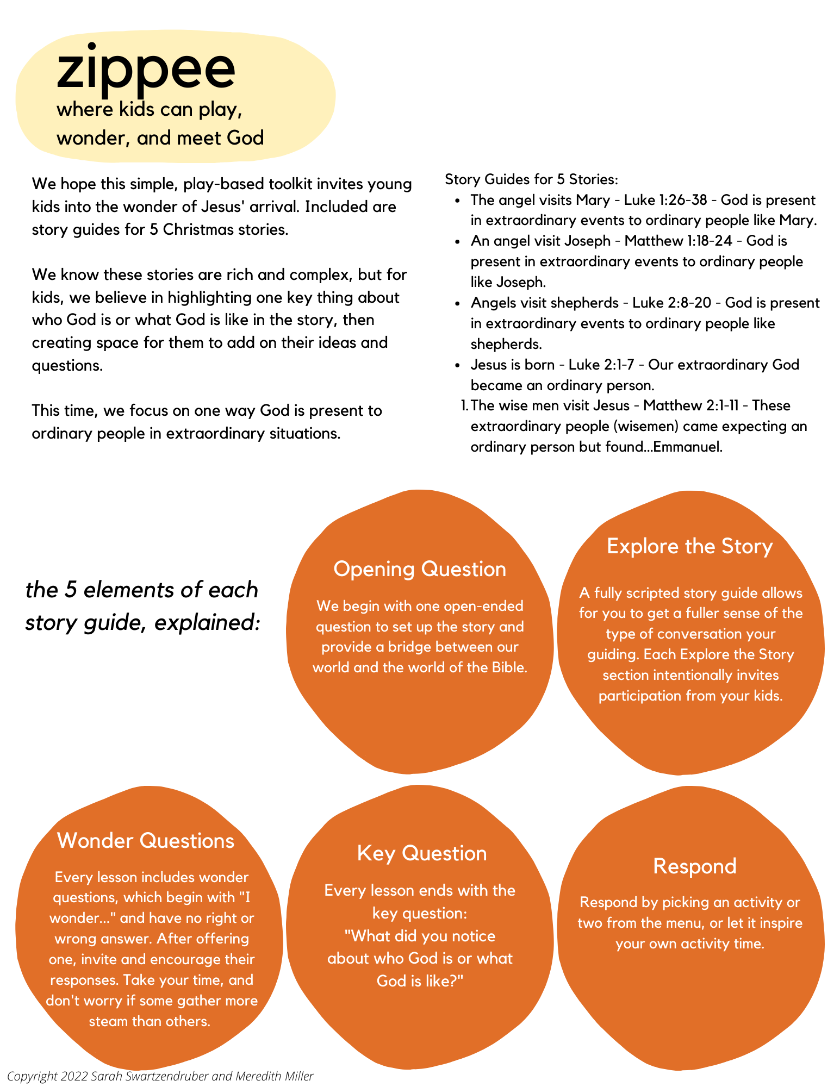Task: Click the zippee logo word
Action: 146,69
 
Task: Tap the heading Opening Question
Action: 420,569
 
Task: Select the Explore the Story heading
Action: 689,546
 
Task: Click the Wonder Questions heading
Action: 146,840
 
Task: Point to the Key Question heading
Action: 422,853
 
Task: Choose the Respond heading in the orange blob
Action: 694,866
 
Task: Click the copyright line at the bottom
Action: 160,1076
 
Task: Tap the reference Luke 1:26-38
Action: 665,200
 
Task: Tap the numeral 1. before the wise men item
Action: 464,405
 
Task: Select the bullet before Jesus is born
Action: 459,365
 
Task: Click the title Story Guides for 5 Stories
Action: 531,179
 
